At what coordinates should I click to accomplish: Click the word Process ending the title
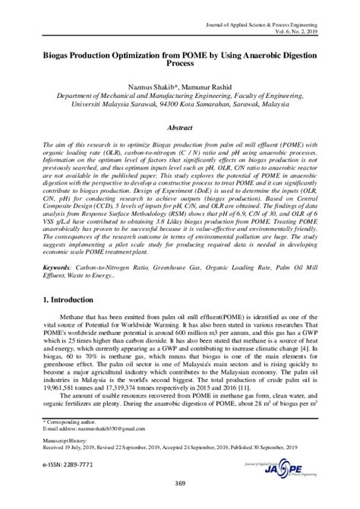tap(180, 65)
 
